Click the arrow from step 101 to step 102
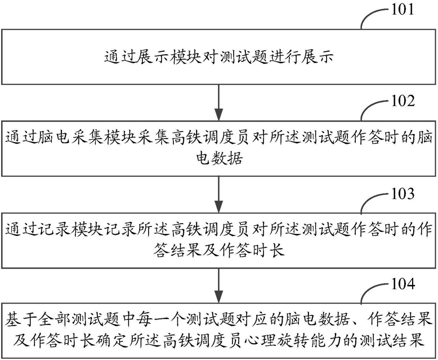pos(219,103)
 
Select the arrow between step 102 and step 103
pos(219,194)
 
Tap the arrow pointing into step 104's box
pos(219,286)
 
